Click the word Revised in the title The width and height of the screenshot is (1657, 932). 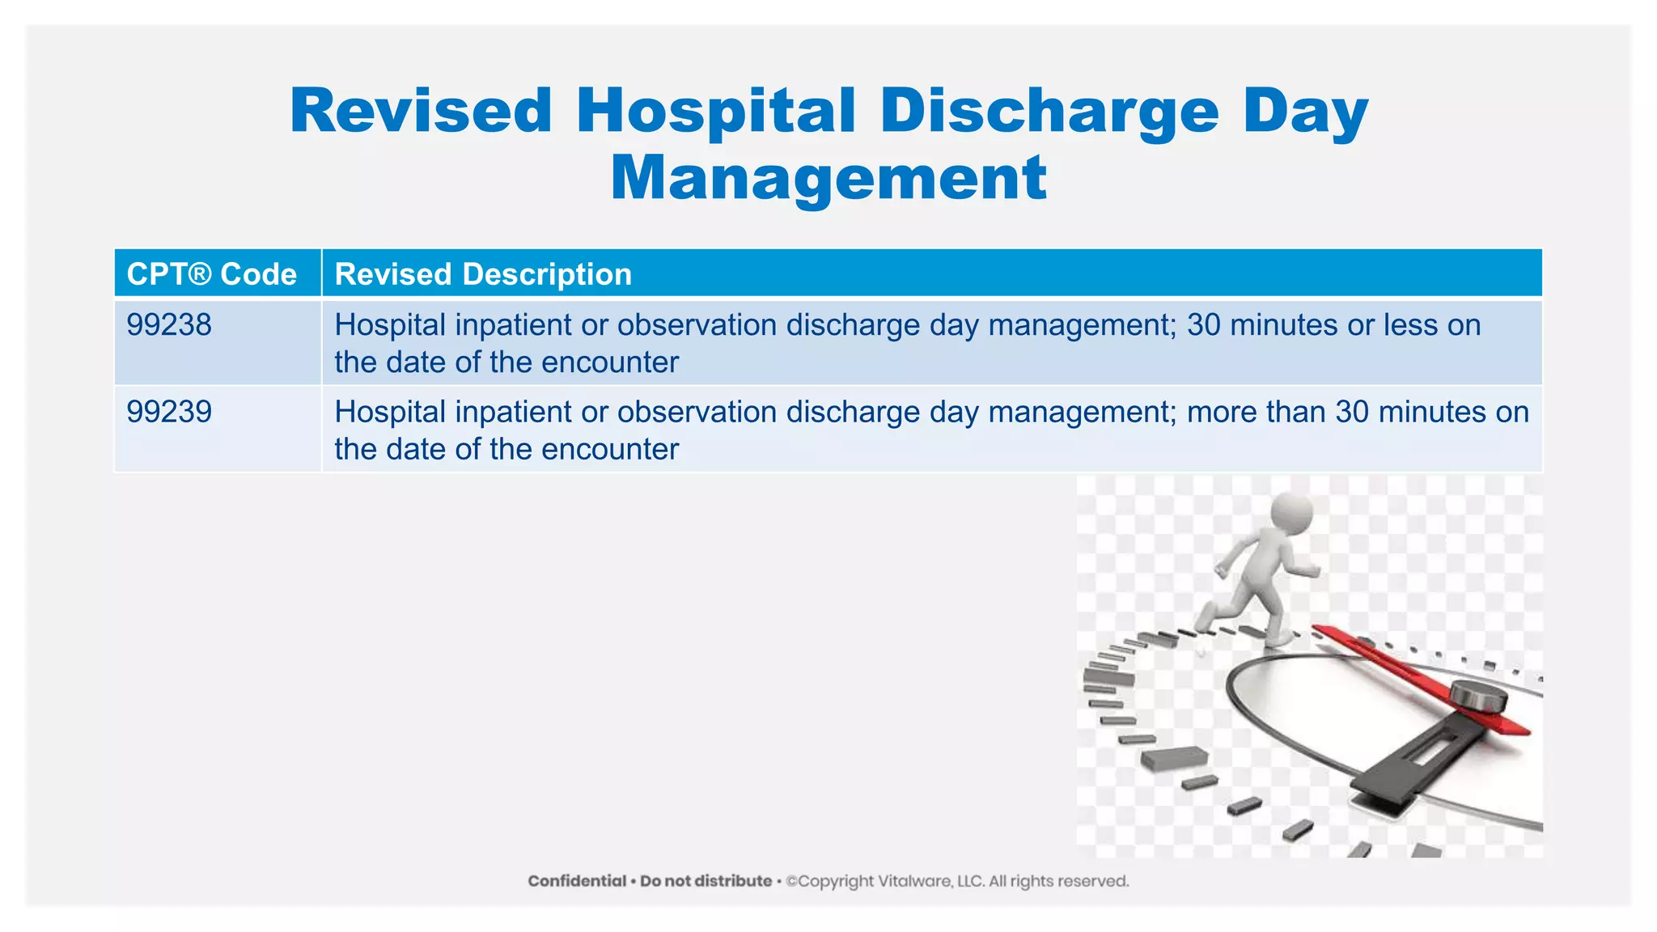coord(421,111)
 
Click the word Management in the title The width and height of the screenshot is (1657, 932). coord(828,178)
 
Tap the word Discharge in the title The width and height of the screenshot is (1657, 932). coord(1049,111)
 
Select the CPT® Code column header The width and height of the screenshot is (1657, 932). coord(212,274)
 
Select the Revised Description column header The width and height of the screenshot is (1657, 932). coord(483,274)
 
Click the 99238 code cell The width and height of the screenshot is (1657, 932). coord(169,325)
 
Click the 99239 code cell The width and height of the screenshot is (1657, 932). coord(169,412)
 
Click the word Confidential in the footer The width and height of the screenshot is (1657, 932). coord(577,881)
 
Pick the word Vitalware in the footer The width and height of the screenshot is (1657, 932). coord(915,881)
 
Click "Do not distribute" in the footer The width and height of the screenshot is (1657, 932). coord(706,881)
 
